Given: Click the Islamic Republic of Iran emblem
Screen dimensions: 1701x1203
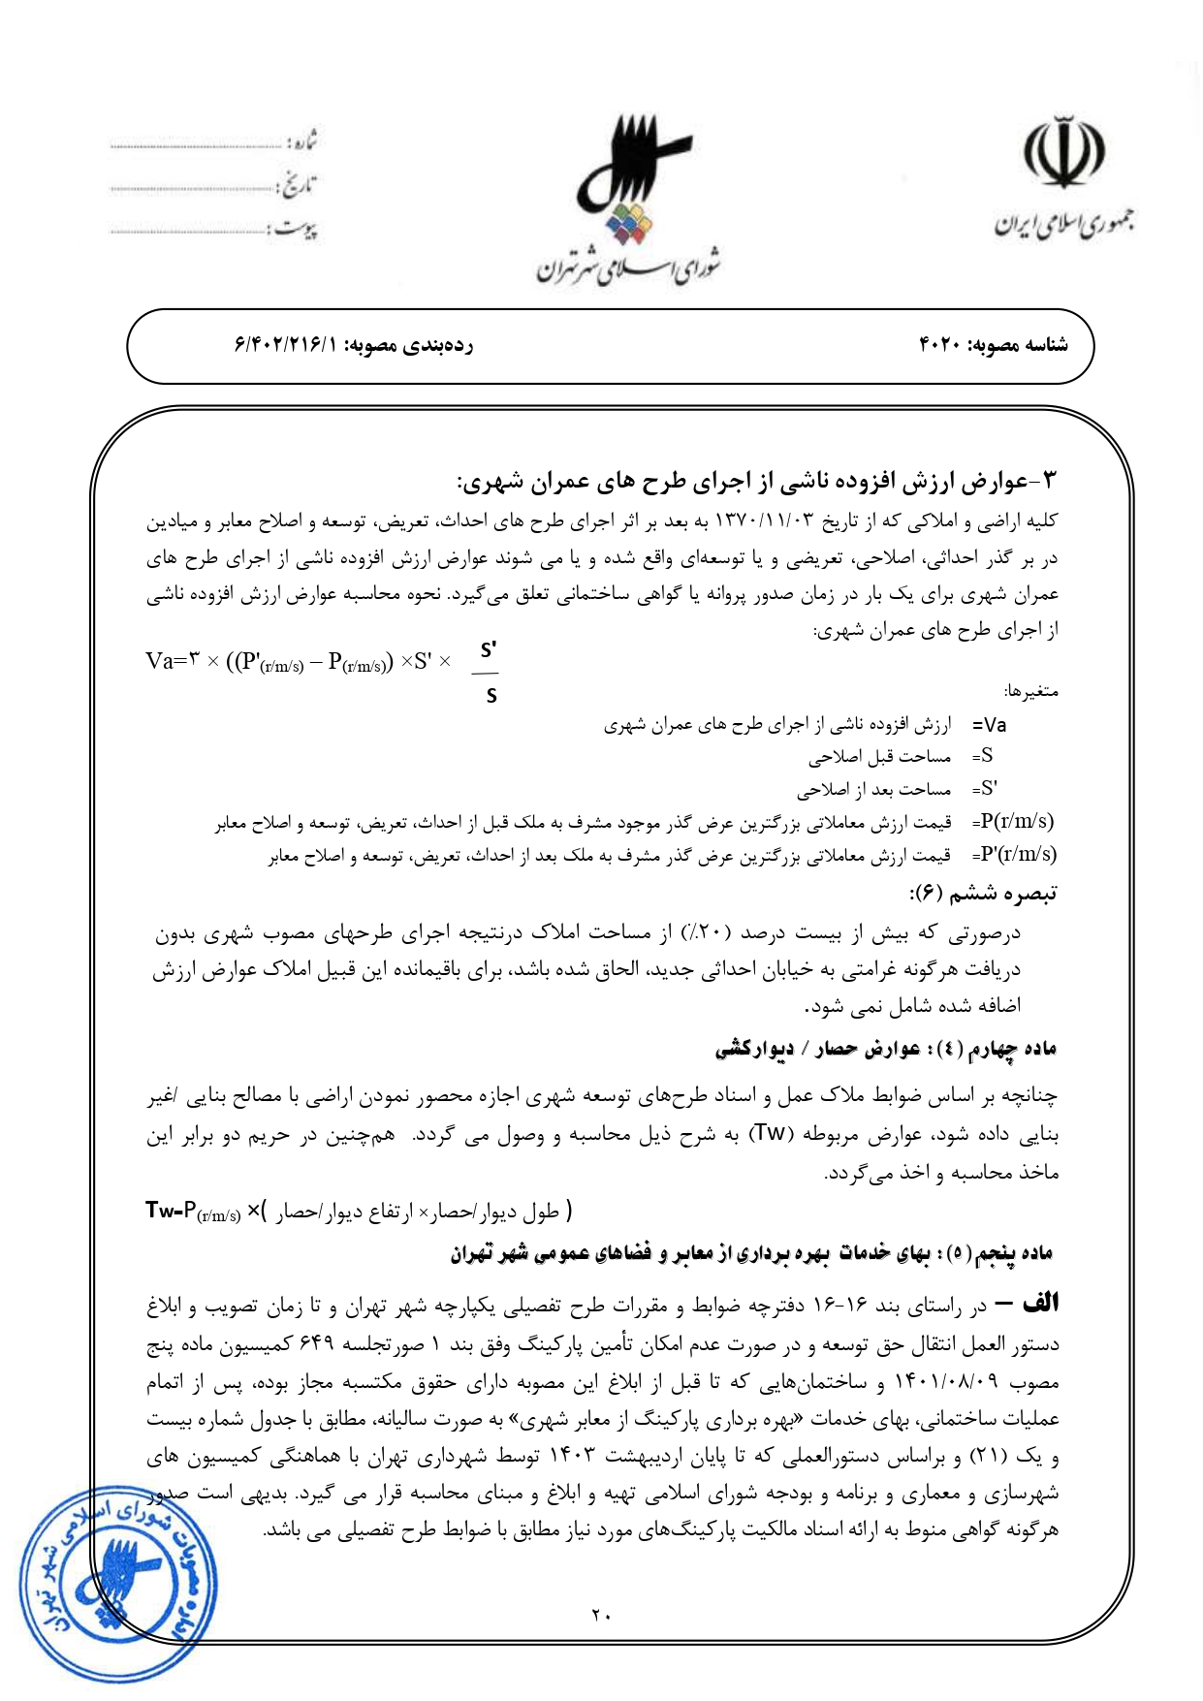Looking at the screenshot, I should [x=1063, y=155].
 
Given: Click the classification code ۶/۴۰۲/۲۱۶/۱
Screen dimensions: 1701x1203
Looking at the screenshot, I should [x=286, y=345].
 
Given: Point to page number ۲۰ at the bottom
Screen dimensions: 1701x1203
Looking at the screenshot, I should [x=601, y=1615].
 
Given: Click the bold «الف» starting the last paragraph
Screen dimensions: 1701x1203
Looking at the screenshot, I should [x=1040, y=1304].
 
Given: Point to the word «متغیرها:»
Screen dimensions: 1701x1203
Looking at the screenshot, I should [x=1031, y=692].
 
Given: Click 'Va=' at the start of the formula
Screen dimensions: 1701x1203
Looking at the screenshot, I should [x=167, y=661].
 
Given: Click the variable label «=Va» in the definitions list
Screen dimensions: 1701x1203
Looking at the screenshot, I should [x=990, y=725].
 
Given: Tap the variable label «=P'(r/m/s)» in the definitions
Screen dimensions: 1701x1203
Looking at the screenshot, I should [x=1014, y=854].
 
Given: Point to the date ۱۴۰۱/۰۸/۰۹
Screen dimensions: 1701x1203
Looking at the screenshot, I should [x=958, y=1382].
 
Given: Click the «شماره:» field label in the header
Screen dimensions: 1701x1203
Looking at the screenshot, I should [x=301, y=142].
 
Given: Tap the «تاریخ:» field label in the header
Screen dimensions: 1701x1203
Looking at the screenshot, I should [x=298, y=185].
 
